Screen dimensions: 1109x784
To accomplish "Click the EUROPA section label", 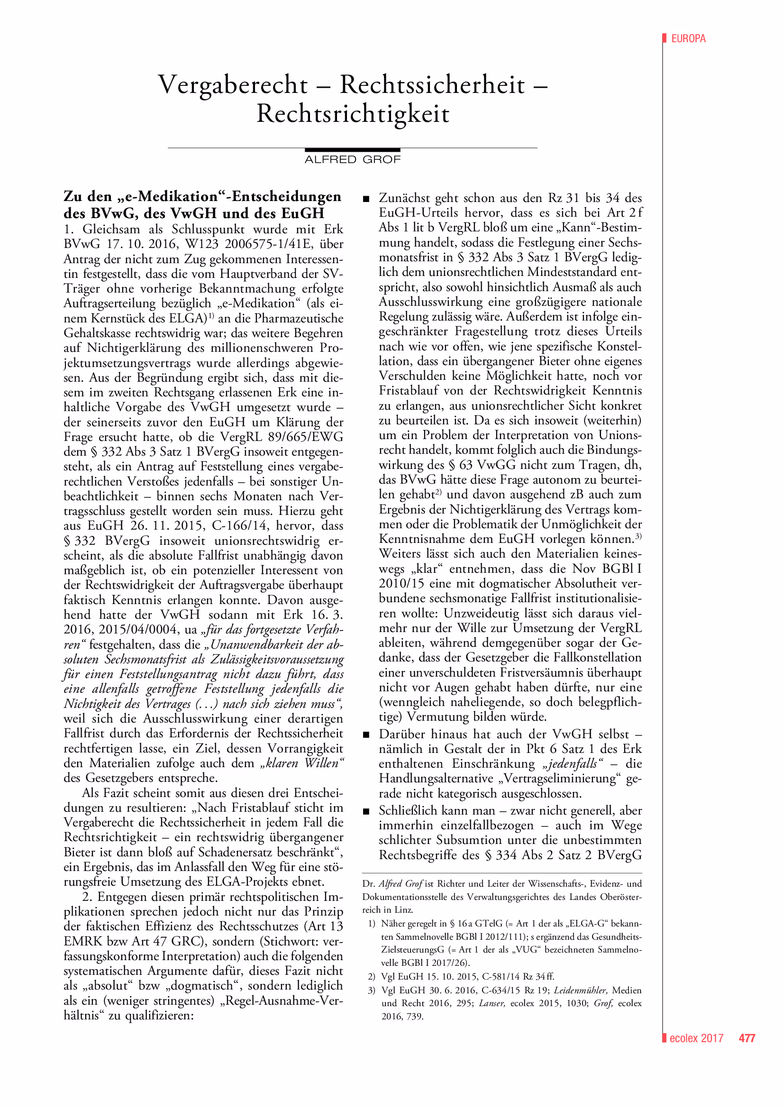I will tap(688, 38).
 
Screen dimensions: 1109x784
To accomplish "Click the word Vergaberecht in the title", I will tap(233, 85).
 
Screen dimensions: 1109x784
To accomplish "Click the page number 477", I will tap(747, 1038).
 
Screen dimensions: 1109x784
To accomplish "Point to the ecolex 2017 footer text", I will tap(696, 1038).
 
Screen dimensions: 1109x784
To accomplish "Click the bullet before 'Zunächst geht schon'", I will tap(366, 199).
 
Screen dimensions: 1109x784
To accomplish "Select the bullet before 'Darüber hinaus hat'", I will tap(366, 734).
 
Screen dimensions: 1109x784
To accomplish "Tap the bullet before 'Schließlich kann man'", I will tap(366, 811).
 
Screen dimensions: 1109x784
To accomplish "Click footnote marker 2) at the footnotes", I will tap(371, 977).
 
